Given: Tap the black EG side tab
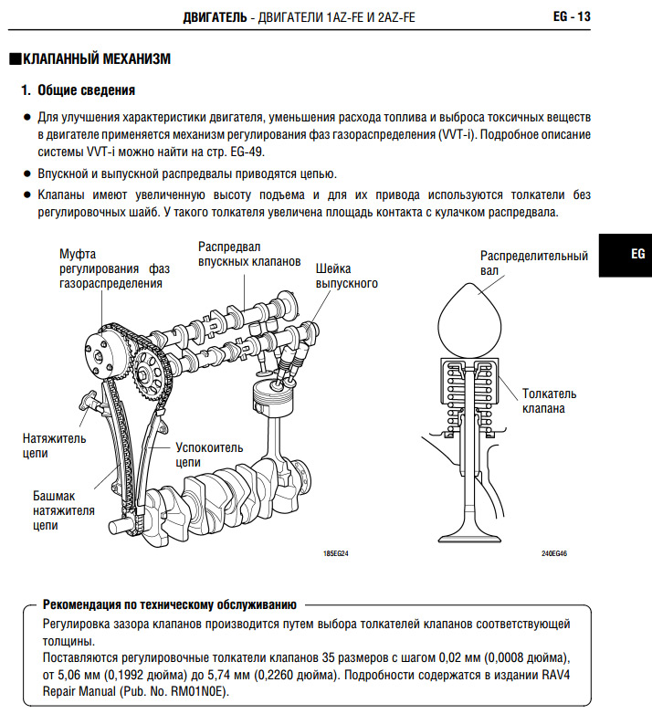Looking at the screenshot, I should pos(625,254).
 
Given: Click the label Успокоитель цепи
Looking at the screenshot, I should pos(210,456).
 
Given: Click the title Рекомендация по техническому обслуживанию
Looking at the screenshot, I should pos(169,604).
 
